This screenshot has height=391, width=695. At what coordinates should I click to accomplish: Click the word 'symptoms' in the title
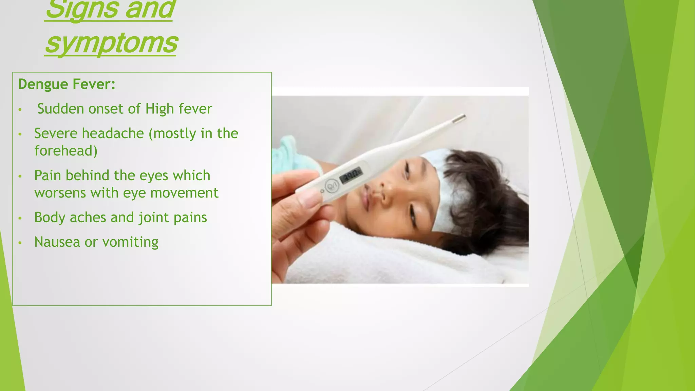[111, 43]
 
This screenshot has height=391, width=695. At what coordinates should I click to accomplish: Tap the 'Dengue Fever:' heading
[67, 84]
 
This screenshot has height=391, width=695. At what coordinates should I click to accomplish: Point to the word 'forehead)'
[66, 151]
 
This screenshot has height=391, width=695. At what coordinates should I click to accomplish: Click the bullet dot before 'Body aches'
[20, 218]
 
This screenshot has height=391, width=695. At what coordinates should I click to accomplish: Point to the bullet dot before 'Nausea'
[20, 243]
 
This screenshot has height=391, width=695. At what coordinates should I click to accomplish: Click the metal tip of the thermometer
[459, 118]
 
